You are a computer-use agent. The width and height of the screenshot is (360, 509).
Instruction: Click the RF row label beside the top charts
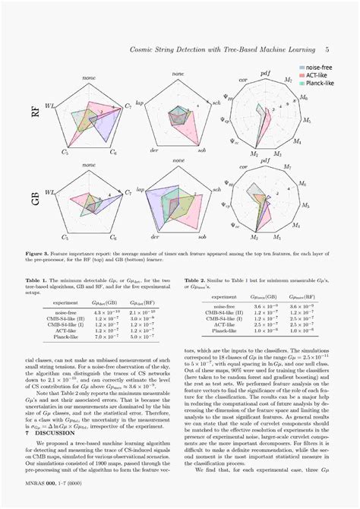[35, 113]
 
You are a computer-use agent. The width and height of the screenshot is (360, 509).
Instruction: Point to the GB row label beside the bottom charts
[35, 201]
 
